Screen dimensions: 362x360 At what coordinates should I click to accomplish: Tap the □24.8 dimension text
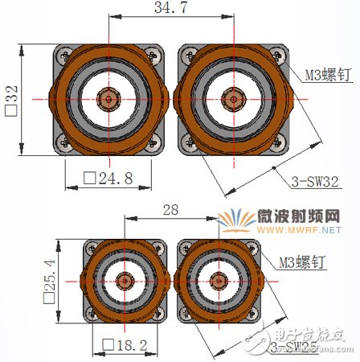click(x=111, y=179)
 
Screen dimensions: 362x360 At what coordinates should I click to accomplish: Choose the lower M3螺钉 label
click(x=303, y=262)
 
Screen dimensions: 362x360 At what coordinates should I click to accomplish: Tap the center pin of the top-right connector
click(x=231, y=99)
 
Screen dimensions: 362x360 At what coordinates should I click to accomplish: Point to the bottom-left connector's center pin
click(x=125, y=280)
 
